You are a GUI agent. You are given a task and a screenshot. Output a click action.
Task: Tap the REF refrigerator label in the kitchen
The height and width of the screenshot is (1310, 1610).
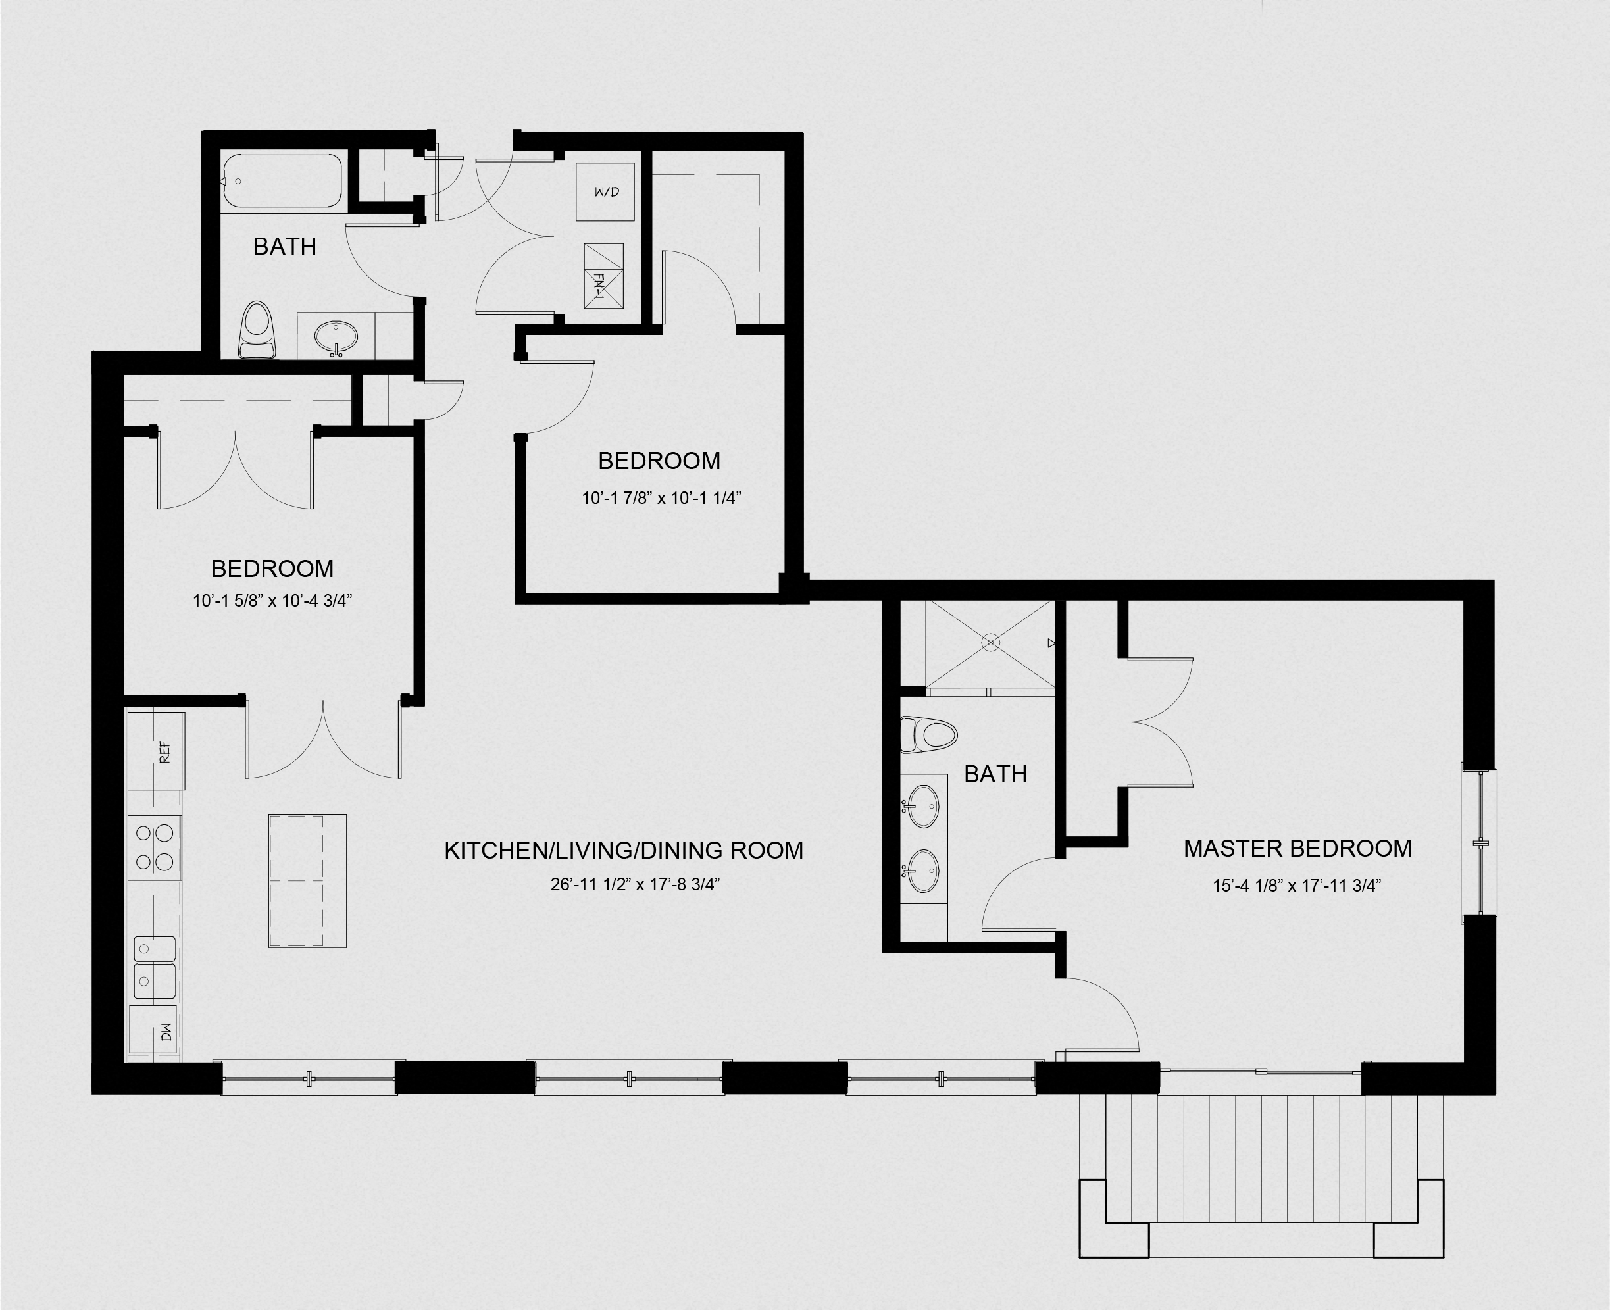165,751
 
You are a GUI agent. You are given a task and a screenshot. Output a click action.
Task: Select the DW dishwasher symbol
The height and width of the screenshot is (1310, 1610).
153,1030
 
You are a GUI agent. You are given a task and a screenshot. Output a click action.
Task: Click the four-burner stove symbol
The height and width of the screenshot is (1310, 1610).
155,847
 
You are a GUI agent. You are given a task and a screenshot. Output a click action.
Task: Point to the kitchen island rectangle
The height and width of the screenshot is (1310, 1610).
308,880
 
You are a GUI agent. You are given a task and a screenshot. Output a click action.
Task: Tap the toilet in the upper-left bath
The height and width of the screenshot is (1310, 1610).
257,330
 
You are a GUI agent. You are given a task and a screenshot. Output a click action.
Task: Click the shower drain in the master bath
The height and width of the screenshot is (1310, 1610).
990,642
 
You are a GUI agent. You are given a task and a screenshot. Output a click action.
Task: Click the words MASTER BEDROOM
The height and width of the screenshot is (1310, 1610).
1297,848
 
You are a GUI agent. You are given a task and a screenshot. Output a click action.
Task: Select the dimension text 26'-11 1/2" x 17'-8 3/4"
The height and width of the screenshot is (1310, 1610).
634,884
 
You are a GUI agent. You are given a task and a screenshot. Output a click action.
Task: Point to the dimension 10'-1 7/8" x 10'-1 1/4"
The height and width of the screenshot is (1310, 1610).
662,498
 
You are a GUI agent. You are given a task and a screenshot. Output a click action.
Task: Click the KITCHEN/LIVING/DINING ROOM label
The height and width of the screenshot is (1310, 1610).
623,851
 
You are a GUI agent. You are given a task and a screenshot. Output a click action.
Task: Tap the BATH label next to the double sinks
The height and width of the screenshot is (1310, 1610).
995,774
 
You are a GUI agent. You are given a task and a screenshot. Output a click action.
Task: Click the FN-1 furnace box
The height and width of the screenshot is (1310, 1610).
603,276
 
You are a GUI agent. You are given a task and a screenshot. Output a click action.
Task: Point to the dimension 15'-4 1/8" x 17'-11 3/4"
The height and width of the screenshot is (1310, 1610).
1297,886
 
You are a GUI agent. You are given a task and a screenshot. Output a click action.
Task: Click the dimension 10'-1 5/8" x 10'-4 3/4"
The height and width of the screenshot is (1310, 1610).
272,601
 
